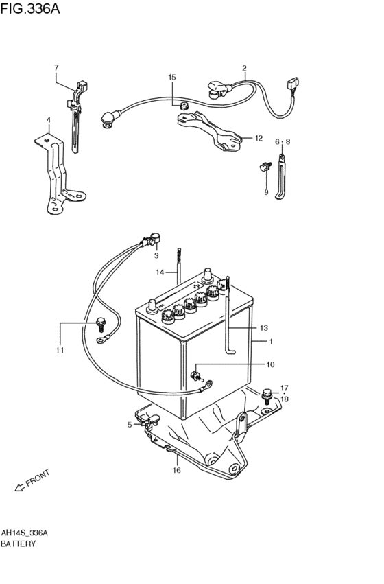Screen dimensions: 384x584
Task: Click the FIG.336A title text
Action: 29,8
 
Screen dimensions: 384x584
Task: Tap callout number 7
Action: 56,68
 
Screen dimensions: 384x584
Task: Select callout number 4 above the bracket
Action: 49,120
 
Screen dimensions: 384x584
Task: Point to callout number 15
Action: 171,77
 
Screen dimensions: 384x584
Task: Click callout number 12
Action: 259,138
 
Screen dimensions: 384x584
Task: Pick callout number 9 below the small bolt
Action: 266,193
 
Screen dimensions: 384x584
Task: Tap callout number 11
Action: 60,350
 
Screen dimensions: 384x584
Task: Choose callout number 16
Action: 177,470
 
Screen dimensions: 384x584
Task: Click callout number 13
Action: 264,328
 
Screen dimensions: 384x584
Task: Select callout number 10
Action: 270,364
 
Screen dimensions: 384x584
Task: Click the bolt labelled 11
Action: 101,324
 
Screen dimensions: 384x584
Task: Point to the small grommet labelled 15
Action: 183,106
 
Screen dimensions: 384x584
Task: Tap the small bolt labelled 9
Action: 265,166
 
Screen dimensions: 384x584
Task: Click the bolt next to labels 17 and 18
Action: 267,395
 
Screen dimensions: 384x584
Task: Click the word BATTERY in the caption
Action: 19,544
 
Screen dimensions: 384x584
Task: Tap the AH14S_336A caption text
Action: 24,533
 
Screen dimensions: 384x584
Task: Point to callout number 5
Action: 130,425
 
